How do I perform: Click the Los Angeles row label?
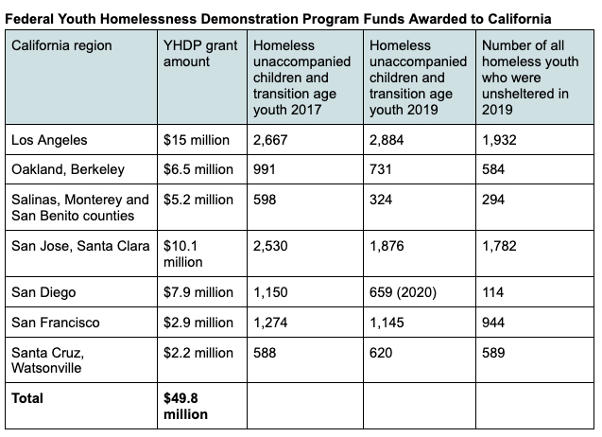pyautogui.click(x=49, y=140)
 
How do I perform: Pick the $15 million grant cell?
pyautogui.click(x=197, y=140)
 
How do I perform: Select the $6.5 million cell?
pyautogui.click(x=198, y=170)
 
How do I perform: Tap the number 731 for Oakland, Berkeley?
pyautogui.click(x=380, y=170)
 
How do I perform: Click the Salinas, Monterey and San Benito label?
pyautogui.click(x=80, y=208)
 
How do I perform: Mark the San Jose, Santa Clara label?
pyautogui.click(x=80, y=247)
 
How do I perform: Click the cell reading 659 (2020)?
pyautogui.click(x=403, y=292)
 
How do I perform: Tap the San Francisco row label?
pyautogui.click(x=55, y=323)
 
